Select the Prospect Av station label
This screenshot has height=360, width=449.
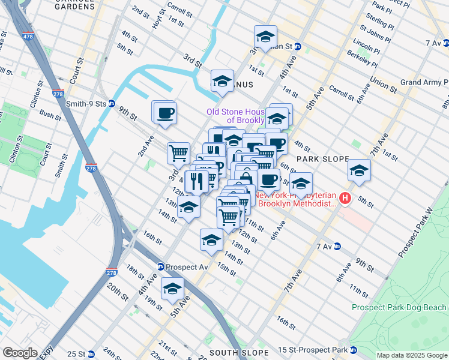tap(187, 266)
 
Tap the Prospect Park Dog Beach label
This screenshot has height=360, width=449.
tap(399, 307)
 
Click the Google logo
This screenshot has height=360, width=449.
tap(20, 353)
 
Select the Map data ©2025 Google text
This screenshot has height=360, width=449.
tap(411, 355)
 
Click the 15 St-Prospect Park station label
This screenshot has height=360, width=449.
tap(318, 349)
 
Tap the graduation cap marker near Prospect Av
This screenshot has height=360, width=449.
tap(172, 290)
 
